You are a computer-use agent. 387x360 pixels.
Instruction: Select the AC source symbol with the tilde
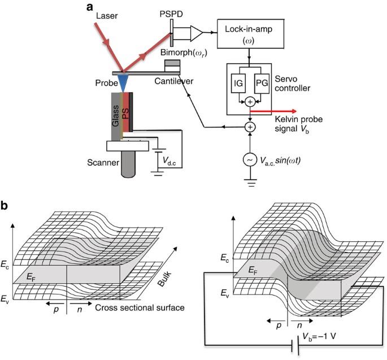[x=249, y=160]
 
